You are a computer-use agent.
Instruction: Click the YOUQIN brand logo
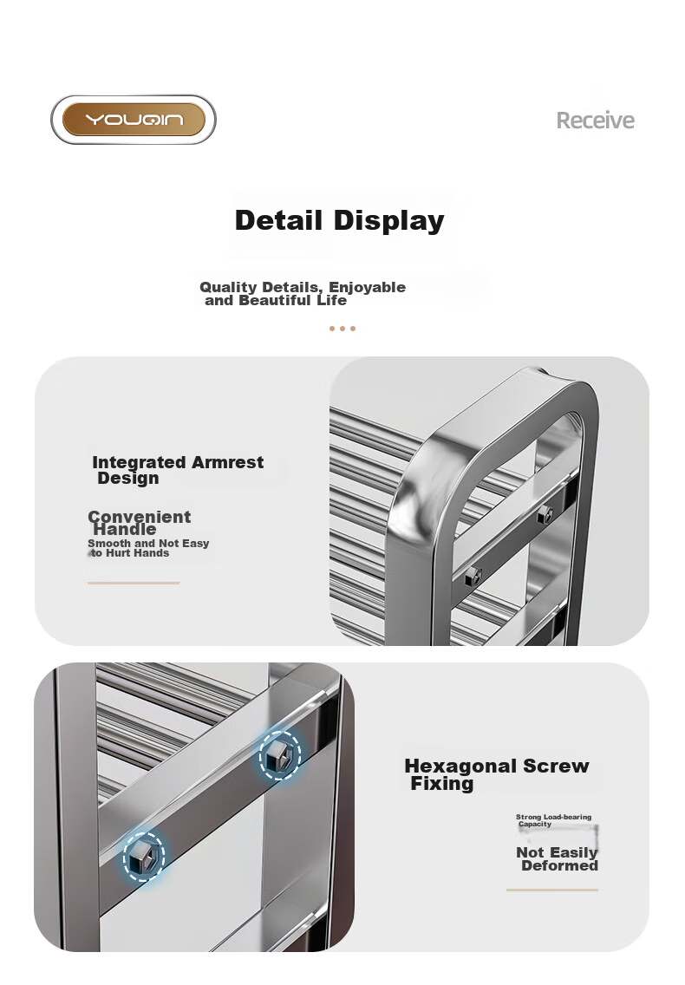134,120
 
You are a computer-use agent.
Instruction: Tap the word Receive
595,120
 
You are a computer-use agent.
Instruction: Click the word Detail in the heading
278,220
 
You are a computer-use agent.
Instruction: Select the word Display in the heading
389,221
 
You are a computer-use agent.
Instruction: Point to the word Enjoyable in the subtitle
367,287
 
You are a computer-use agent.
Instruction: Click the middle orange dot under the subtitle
342,329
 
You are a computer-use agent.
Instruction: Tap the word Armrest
227,462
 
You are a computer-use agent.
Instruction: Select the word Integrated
140,463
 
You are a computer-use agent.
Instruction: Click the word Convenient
139,517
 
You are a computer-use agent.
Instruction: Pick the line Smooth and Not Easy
148,543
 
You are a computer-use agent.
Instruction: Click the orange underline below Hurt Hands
134,583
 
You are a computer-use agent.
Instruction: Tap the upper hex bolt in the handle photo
545,515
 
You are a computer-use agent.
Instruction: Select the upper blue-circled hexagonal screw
280,756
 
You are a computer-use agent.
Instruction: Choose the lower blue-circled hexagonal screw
144,856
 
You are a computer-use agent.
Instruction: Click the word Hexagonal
460,766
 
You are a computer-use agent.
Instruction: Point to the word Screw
556,766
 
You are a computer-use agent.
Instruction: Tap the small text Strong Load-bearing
554,817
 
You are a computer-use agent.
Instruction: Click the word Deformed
559,865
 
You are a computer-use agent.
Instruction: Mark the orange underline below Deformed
552,890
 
